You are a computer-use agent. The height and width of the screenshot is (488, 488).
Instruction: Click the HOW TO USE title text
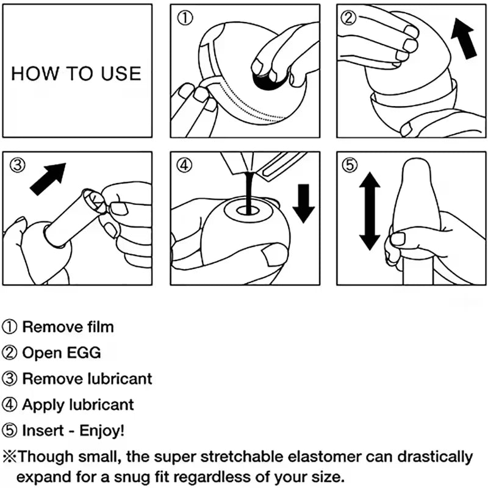(x=76, y=74)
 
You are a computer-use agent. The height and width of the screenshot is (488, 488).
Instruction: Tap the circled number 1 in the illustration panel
(x=185, y=18)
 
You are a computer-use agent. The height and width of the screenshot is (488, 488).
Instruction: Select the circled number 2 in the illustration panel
(x=350, y=18)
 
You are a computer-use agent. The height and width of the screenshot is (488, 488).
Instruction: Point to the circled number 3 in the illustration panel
(x=16, y=165)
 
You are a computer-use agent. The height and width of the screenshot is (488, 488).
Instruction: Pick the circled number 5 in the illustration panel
(x=350, y=165)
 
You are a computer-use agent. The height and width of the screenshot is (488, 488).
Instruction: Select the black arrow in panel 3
(x=48, y=179)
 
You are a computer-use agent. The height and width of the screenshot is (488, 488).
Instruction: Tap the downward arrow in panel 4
(x=303, y=203)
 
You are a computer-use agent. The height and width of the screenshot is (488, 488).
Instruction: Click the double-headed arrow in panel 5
(x=370, y=211)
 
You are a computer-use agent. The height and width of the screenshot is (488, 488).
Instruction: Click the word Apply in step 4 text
(x=40, y=404)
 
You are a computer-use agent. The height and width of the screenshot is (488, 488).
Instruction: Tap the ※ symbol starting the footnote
(x=10, y=456)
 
